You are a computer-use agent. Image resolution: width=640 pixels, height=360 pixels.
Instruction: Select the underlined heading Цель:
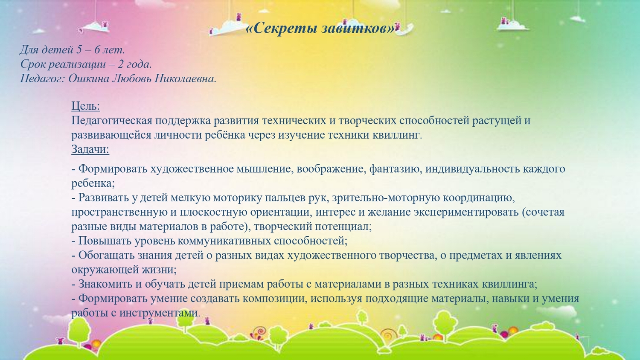click(86, 106)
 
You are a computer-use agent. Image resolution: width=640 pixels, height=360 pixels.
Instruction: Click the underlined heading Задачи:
click(90, 149)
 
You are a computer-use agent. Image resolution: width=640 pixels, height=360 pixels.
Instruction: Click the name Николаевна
click(186, 78)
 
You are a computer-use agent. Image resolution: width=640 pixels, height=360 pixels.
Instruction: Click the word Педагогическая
click(112, 121)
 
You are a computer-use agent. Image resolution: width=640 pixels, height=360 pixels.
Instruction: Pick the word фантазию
click(396, 169)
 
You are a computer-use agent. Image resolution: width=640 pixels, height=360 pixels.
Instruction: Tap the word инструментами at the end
click(160, 313)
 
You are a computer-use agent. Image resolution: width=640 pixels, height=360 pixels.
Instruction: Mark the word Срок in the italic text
click(32, 64)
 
